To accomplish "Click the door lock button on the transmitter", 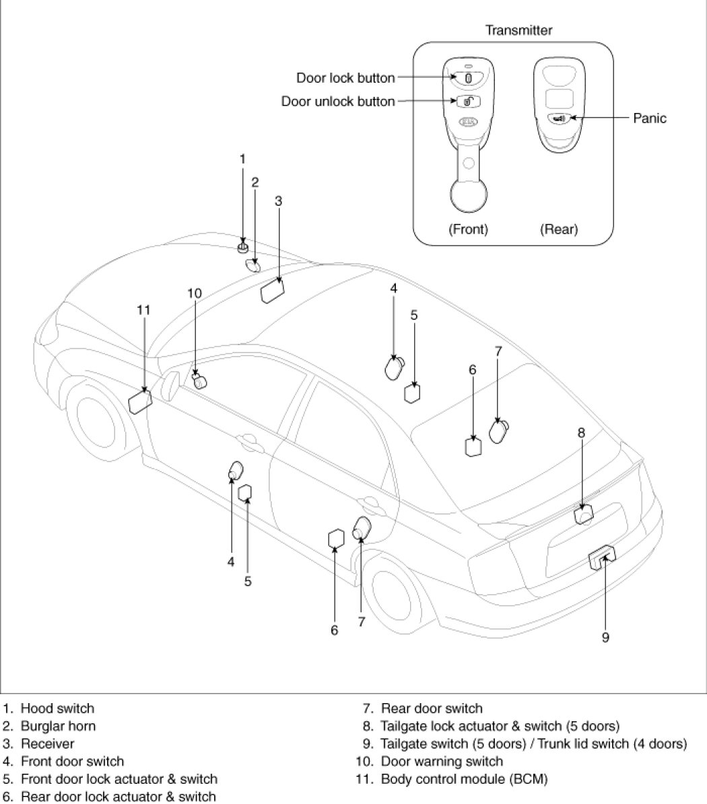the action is pos(468,79).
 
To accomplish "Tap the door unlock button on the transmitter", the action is pos(469,102).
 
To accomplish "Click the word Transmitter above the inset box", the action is pos(518,30).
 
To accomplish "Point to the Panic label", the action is pos(650,118).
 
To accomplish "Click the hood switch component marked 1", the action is pos(243,248).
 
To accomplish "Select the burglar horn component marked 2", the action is pos(253,265).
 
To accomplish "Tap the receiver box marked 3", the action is pos(272,291).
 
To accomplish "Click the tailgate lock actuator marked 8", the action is pos(583,514).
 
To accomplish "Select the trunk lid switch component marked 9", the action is pos(602,557).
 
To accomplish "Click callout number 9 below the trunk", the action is pos(605,637).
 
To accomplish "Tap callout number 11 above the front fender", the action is pos(143,310).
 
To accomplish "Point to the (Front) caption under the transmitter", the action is pos(468,229).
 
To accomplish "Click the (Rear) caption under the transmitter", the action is pos(559,229).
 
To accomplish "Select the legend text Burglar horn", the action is pos(58,726).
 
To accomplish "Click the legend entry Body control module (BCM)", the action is pos(465,779).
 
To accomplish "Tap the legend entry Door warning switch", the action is pos(442,762).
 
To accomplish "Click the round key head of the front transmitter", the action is pos(469,195).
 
